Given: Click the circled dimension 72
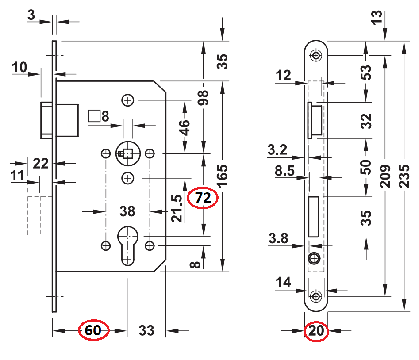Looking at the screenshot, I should click(x=203, y=198).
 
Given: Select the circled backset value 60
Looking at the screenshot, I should click(x=93, y=330).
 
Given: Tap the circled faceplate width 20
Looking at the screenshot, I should click(x=316, y=331).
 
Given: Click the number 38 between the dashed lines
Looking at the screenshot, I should click(x=127, y=211).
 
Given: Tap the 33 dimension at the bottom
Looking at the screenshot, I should click(x=146, y=330).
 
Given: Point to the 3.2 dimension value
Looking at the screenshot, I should click(x=278, y=150).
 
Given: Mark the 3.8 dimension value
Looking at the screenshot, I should click(x=278, y=239).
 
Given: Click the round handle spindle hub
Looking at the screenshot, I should click(x=127, y=153).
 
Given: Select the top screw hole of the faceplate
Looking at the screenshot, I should click(x=315, y=55).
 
